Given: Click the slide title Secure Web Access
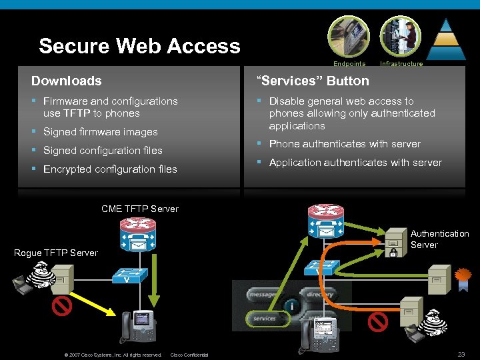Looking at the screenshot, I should [x=139, y=46].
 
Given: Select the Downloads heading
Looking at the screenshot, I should [x=67, y=81].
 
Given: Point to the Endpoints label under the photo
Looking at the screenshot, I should [x=349, y=64].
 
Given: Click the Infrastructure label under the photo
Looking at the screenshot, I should [x=401, y=64].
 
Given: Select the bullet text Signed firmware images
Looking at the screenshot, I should [x=101, y=132].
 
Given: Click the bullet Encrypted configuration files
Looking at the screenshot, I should [x=110, y=169].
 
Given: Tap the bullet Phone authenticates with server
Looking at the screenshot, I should [x=345, y=144].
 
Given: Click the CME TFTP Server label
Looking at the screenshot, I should [x=140, y=209].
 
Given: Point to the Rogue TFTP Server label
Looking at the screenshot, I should [x=56, y=253].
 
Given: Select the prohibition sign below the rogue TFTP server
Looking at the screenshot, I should [x=62, y=307].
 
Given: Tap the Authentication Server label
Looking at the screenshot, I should [x=439, y=239].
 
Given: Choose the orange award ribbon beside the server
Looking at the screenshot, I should [x=462, y=275].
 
